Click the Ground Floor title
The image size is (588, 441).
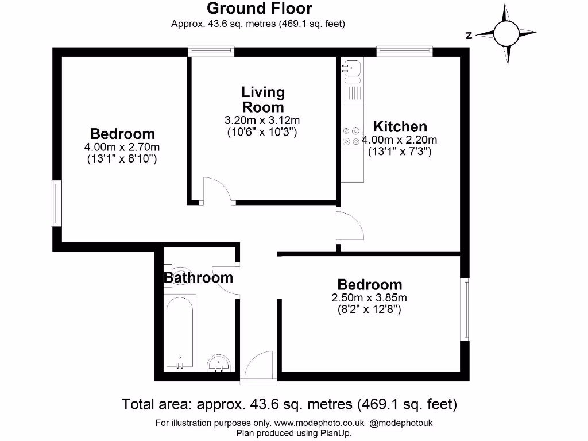(x=259, y=9)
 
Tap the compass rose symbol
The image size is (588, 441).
(x=505, y=34)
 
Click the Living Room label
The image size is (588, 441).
(x=263, y=99)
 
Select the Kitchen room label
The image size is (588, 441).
(x=400, y=127)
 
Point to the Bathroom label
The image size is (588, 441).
(x=199, y=278)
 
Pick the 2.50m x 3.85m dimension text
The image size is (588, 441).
(x=369, y=298)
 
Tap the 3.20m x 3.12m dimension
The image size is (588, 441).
(x=263, y=121)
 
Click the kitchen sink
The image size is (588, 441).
(x=351, y=69)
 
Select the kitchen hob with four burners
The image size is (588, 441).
(x=351, y=136)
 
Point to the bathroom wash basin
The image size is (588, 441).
(x=219, y=363)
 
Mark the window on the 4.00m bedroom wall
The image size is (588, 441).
(x=56, y=203)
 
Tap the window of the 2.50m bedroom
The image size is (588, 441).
(x=466, y=310)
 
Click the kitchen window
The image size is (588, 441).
(x=404, y=52)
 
